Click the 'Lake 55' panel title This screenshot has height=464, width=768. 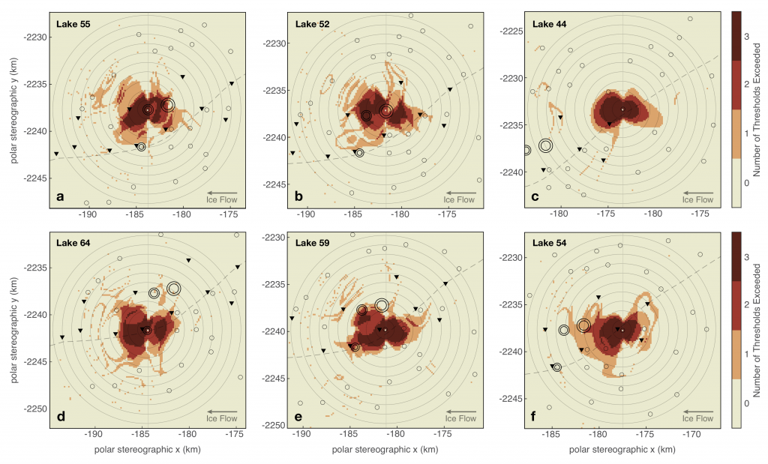tap(73, 24)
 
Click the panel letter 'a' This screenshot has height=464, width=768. tap(60, 197)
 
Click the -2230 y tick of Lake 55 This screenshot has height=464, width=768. tap(34, 37)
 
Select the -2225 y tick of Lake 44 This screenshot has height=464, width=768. tap(509, 31)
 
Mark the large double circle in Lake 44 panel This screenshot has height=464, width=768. tap(545, 145)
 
